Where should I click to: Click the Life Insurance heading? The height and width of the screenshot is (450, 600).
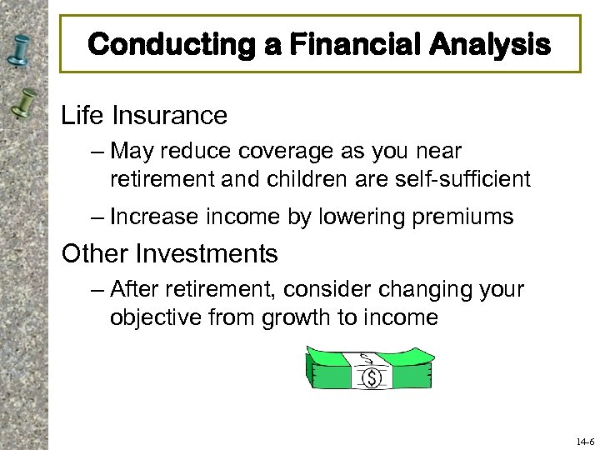(x=144, y=115)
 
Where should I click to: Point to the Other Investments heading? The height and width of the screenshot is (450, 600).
(x=170, y=252)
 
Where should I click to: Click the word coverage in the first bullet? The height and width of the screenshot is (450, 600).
(x=273, y=151)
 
